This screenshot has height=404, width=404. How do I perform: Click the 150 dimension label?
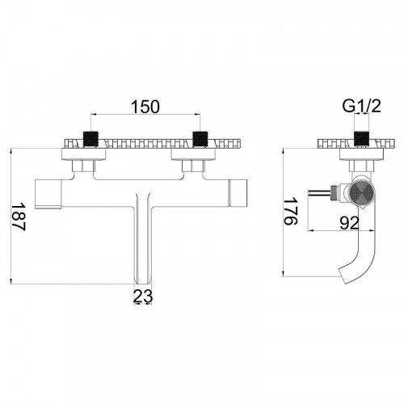145,107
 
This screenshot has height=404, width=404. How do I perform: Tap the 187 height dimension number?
19,217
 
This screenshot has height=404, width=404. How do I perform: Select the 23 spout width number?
143,297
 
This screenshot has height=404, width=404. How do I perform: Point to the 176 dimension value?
291,211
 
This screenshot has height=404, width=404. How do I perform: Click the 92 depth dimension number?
349,223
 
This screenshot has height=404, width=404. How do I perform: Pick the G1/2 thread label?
361,106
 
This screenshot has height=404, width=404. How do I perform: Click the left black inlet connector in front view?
91,139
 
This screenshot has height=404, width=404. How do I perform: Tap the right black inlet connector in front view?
200,139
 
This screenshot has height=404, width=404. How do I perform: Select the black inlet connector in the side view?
361,138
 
